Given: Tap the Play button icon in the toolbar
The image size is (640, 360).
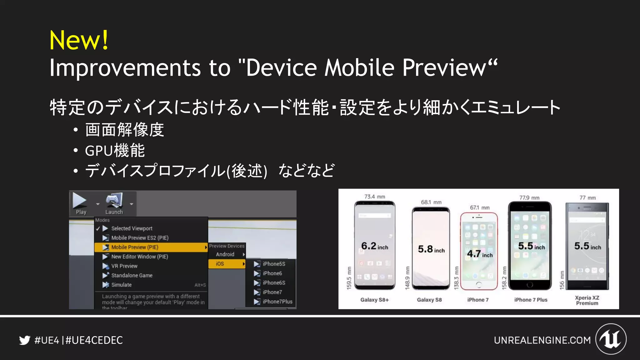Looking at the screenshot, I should [x=80, y=200].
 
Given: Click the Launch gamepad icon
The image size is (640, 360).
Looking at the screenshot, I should [x=114, y=200].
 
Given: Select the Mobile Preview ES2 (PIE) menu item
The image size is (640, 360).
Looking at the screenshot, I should [x=140, y=238].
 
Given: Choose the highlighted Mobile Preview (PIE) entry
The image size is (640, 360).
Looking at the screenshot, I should [x=135, y=247].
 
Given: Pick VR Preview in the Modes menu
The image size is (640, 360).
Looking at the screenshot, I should [x=124, y=266].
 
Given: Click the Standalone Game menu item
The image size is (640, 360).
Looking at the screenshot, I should [x=132, y=275].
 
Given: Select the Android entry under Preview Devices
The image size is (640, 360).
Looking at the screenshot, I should [x=225, y=254].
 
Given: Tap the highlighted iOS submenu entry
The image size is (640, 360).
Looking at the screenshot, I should [x=220, y=264].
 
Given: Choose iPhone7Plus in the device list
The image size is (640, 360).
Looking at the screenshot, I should [x=277, y=302].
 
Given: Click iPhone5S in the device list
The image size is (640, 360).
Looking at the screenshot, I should [x=274, y=264].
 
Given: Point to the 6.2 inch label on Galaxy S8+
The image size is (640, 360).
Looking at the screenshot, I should [x=374, y=246].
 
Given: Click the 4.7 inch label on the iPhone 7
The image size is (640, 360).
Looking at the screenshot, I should [x=480, y=254].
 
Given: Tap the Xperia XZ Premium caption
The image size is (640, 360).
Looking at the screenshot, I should [x=587, y=300].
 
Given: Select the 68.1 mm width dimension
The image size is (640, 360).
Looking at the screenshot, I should [x=431, y=202].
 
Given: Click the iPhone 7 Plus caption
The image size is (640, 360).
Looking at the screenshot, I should [x=531, y=300].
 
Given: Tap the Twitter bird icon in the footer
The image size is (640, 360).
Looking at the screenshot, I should [x=24, y=340].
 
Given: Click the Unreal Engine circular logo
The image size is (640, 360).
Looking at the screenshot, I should [x=611, y=339].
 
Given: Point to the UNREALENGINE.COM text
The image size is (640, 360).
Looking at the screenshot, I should [x=542, y=340].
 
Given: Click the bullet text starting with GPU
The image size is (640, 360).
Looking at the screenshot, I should [x=115, y=151].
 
